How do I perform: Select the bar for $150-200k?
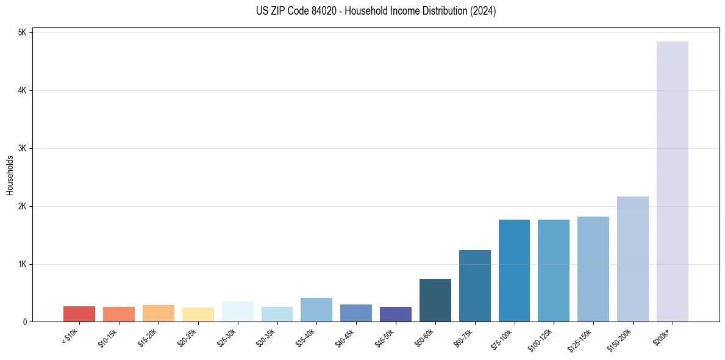tap(632, 259)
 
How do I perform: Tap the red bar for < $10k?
tap(79, 314)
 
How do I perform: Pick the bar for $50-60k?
tap(435, 300)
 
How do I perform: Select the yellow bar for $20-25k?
tap(198, 314)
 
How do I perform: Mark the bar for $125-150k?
tap(593, 268)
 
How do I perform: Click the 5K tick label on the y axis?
tap(22, 32)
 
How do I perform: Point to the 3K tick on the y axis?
tap(22, 148)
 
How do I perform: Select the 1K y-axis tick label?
tap(22, 264)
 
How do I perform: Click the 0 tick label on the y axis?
tap(24, 322)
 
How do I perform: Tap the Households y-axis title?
tap(10, 175)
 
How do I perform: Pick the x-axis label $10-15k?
tap(109, 336)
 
